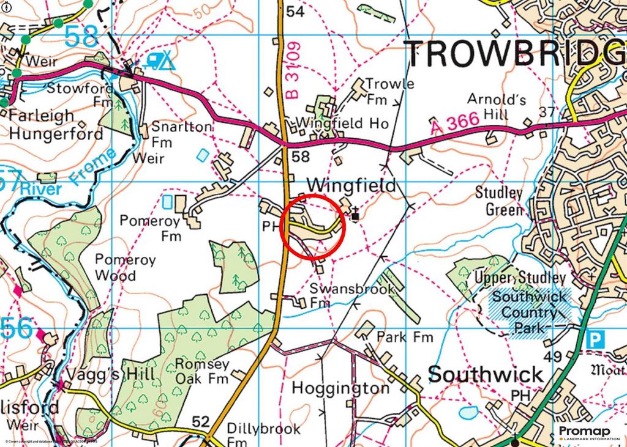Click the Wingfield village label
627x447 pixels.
[x=351, y=185]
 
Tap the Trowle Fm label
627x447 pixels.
[x=389, y=91]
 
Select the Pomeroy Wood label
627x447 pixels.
[x=125, y=267]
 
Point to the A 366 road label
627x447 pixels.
[x=454, y=124]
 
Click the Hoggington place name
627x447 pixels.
[x=340, y=388]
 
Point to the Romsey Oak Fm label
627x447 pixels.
[x=202, y=371]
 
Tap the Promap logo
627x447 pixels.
[x=588, y=433]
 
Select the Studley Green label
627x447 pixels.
[x=500, y=201]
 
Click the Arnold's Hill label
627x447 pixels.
[x=496, y=106]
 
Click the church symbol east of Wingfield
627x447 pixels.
[x=355, y=215]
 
